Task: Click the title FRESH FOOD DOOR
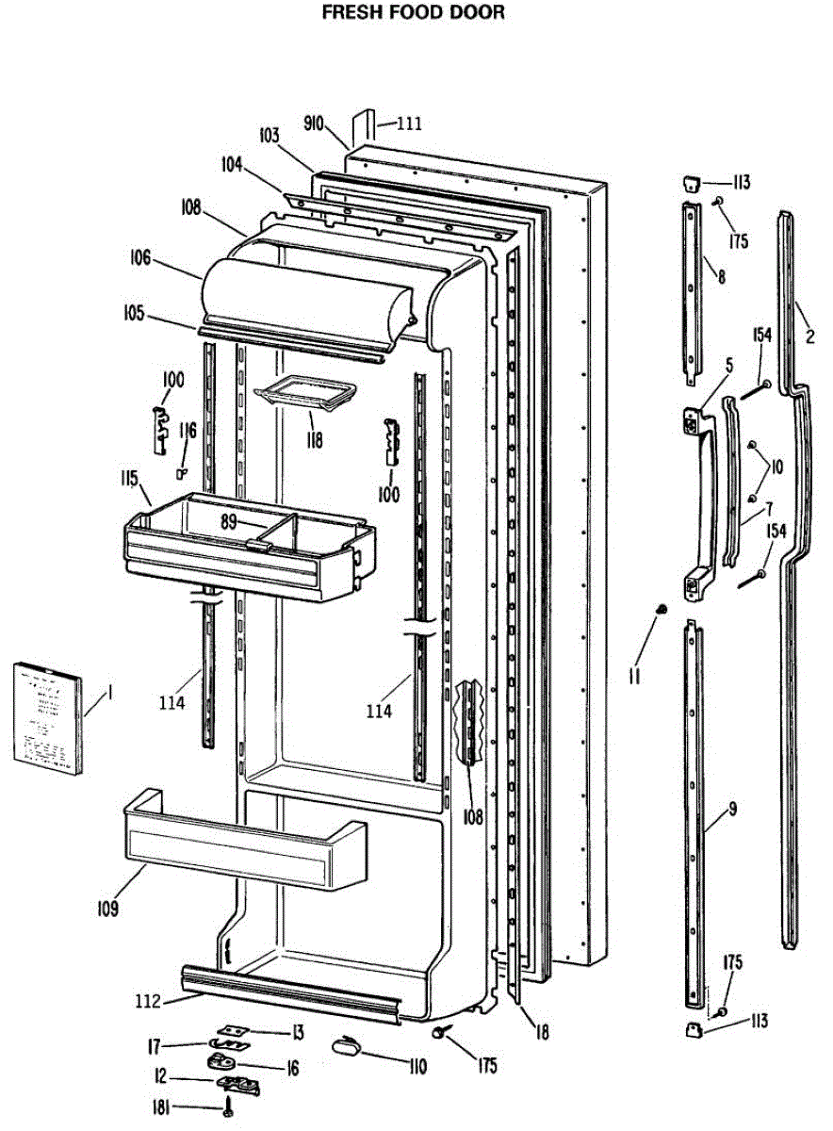point(413,12)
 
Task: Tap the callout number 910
point(314,123)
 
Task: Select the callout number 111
point(410,123)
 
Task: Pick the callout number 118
point(312,439)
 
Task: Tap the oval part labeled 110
point(348,1043)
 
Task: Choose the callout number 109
point(106,909)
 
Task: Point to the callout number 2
point(810,335)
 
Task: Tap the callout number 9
point(732,809)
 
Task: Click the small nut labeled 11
point(662,610)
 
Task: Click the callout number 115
point(129,478)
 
